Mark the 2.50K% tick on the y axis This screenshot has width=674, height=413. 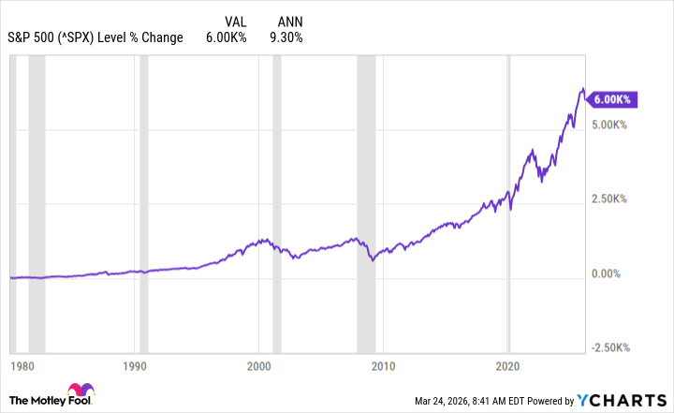pyautogui.click(x=613, y=199)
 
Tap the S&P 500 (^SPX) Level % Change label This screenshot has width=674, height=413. pyautogui.click(x=97, y=37)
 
